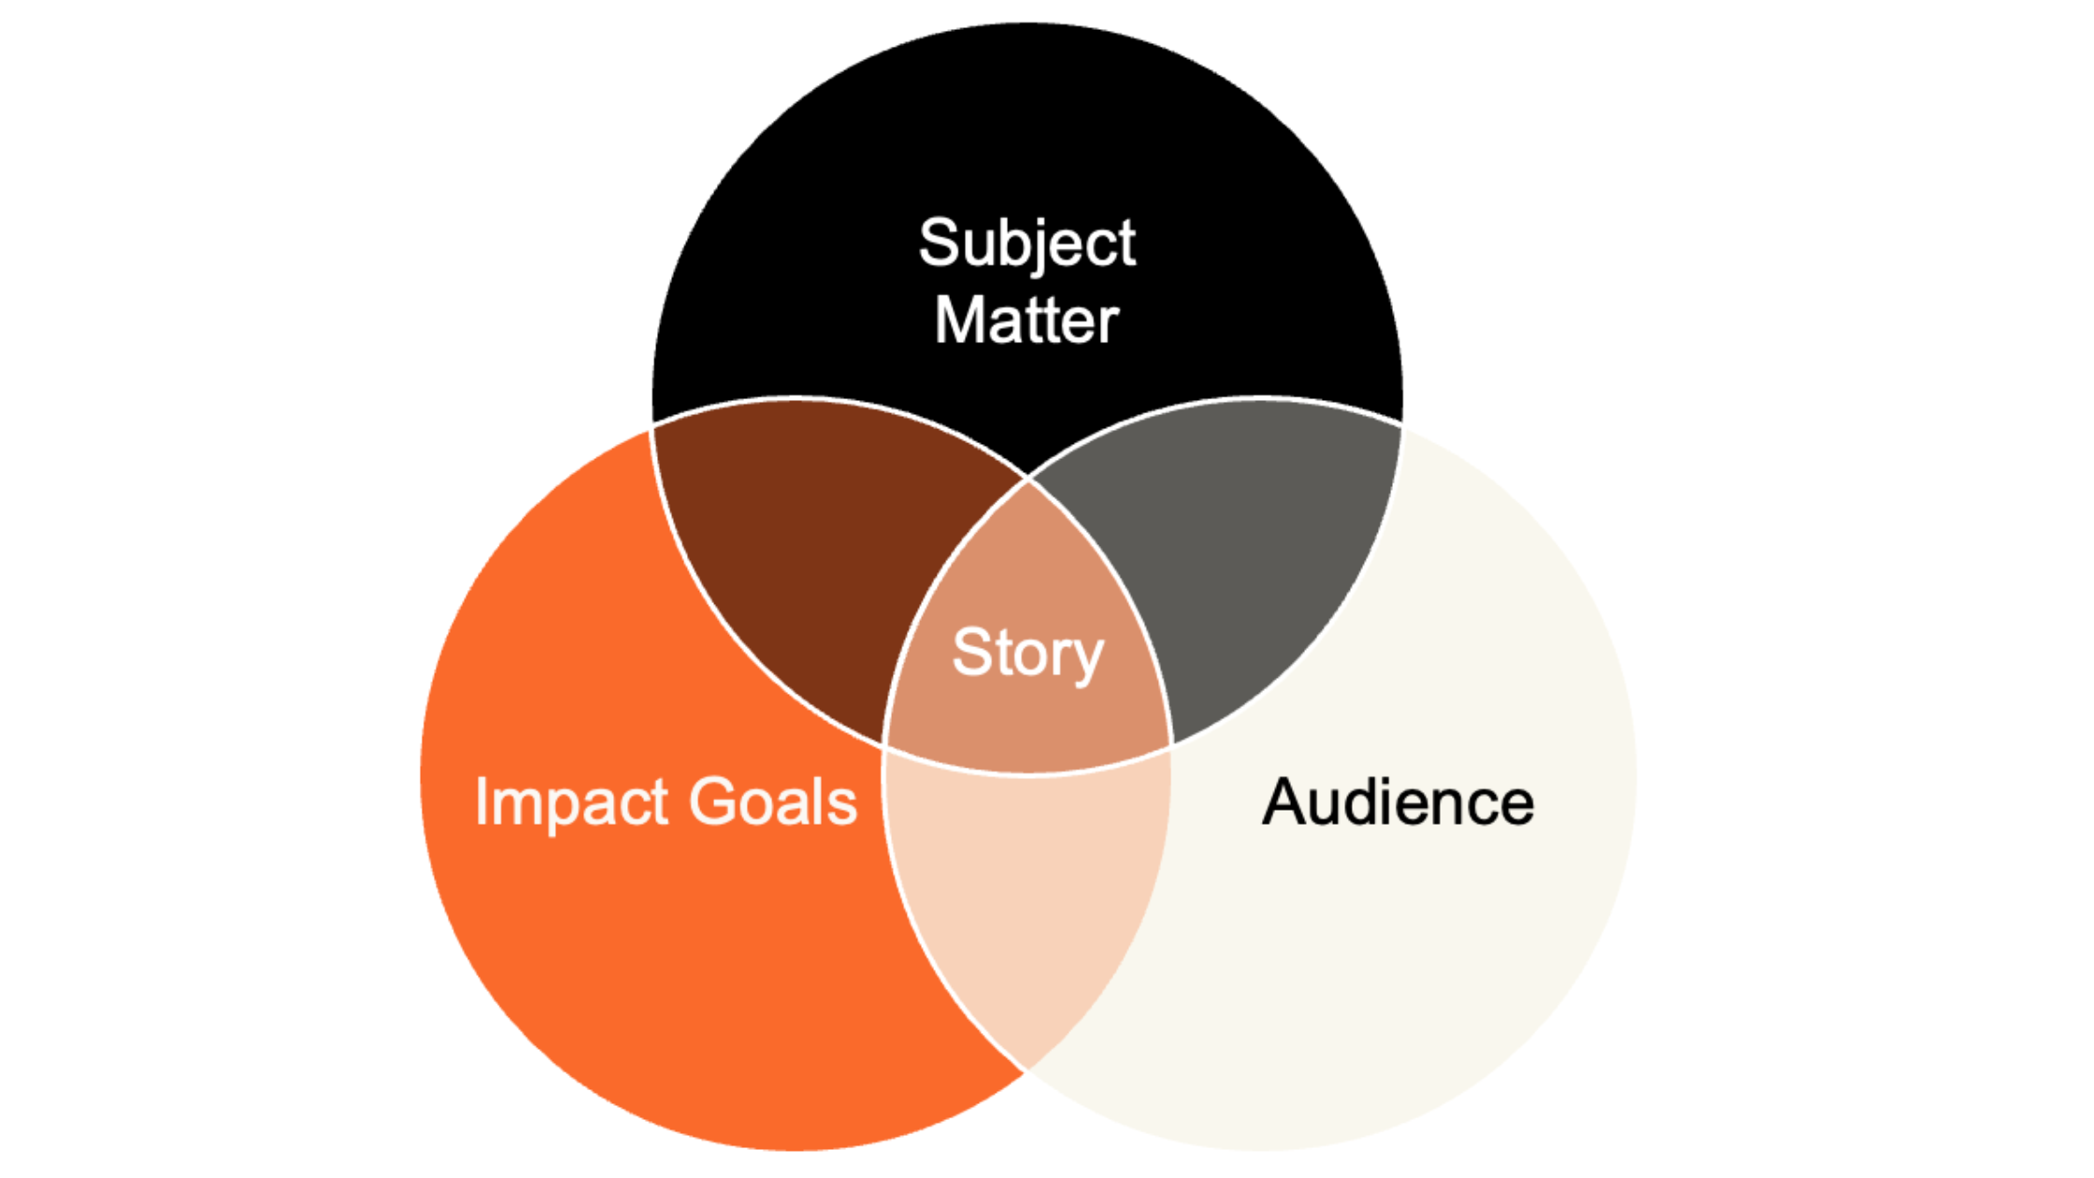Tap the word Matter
coord(1026,321)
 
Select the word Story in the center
coord(1027,653)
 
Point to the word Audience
coord(1398,803)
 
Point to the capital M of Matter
coord(957,321)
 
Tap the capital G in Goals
coord(715,802)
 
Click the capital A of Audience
coord(1286,802)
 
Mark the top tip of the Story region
coord(1028,480)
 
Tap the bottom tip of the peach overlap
coord(1027,1070)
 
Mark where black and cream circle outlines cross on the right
coord(1401,426)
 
